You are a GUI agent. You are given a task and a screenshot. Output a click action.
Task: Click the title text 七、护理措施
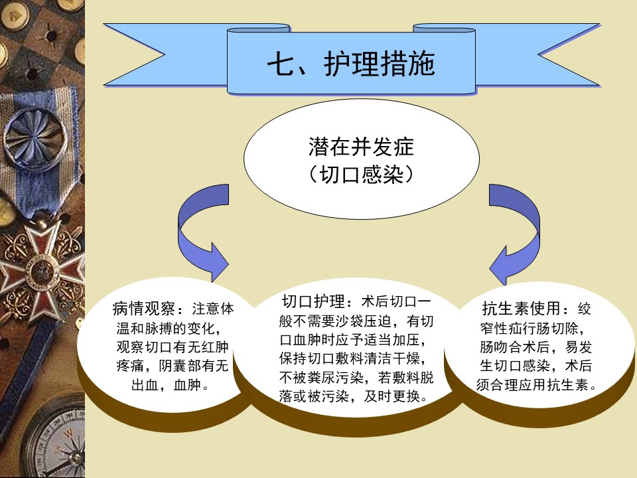point(351,64)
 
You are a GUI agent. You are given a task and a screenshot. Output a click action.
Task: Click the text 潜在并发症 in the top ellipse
point(361,147)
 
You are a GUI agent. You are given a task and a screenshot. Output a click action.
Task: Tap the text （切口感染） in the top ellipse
point(361,175)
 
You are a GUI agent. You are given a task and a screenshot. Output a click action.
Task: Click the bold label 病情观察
point(144,309)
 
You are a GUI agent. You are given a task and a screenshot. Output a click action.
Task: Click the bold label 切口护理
point(313,301)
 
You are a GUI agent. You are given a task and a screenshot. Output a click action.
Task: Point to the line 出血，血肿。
point(171,384)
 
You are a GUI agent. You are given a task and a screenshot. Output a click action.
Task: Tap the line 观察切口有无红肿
point(173,347)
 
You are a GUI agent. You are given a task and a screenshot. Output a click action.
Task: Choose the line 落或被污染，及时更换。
point(354,396)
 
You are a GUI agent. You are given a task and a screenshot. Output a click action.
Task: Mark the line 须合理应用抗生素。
point(536,384)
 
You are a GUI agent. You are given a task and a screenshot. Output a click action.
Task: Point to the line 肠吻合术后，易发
point(535,347)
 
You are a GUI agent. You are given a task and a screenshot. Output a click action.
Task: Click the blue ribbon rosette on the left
point(34,137)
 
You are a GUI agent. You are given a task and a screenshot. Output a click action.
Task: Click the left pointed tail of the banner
point(134,54)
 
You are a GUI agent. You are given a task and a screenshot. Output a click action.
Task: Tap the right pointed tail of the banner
point(569,54)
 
